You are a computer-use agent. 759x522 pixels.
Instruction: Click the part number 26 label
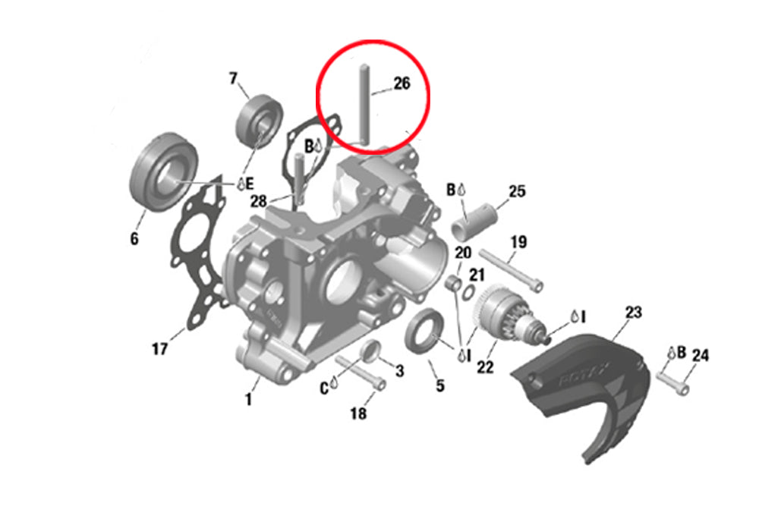point(402,83)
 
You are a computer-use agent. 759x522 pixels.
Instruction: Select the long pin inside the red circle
point(364,105)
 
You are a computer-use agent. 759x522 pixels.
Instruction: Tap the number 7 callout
point(233,78)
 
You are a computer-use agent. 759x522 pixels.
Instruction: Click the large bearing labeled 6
point(165,171)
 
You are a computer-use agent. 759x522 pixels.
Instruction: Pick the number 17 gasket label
point(159,348)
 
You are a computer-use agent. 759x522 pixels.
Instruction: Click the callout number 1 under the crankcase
point(248,400)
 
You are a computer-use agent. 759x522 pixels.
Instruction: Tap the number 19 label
point(518,241)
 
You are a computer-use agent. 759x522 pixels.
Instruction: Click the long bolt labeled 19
point(511,270)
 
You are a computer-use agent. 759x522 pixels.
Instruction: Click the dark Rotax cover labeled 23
point(581,387)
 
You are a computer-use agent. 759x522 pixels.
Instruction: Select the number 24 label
point(700,356)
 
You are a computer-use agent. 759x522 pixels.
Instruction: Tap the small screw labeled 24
point(673,382)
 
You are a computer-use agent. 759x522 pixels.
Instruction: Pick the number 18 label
point(358,414)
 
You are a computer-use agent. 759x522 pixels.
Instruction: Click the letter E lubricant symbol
point(245,184)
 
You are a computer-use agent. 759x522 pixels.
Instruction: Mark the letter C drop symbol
point(329,388)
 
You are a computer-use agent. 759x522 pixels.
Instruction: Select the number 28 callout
point(259,201)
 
